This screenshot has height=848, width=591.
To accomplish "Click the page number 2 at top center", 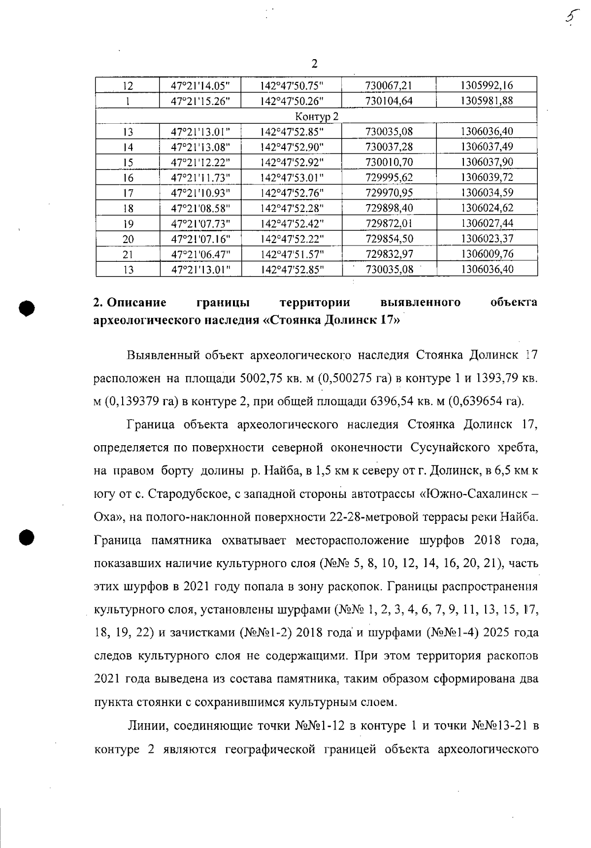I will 315,64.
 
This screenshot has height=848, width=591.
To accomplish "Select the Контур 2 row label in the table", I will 317,116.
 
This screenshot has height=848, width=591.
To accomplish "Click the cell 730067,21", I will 389,86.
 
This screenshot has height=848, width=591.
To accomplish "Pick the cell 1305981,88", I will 487,101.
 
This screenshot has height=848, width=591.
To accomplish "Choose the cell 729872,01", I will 389,224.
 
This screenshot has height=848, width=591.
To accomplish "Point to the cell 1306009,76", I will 487,254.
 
